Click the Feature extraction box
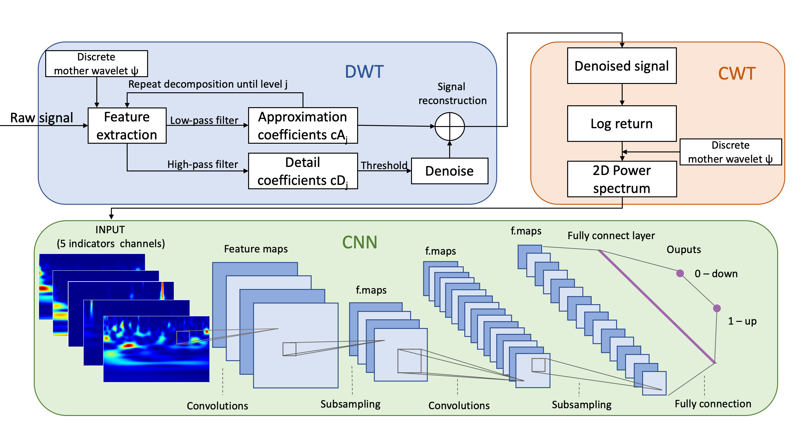click(x=127, y=125)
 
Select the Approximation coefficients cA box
click(x=303, y=125)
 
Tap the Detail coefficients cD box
click(x=303, y=171)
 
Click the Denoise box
click(x=449, y=171)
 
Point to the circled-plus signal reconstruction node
click(x=449, y=126)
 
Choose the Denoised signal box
click(x=622, y=66)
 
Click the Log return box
click(x=622, y=124)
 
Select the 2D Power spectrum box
click(x=622, y=179)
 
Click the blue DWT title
click(x=364, y=72)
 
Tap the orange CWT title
click(x=737, y=74)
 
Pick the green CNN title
click(x=360, y=242)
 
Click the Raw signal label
click(x=42, y=118)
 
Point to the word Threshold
click(x=384, y=165)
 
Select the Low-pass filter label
click(x=204, y=120)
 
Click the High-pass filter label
click(x=203, y=164)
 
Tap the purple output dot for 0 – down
click(x=680, y=273)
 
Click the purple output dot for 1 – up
click(x=717, y=308)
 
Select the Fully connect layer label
click(x=611, y=236)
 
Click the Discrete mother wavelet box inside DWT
click(x=96, y=64)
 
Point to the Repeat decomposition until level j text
click(x=208, y=84)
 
